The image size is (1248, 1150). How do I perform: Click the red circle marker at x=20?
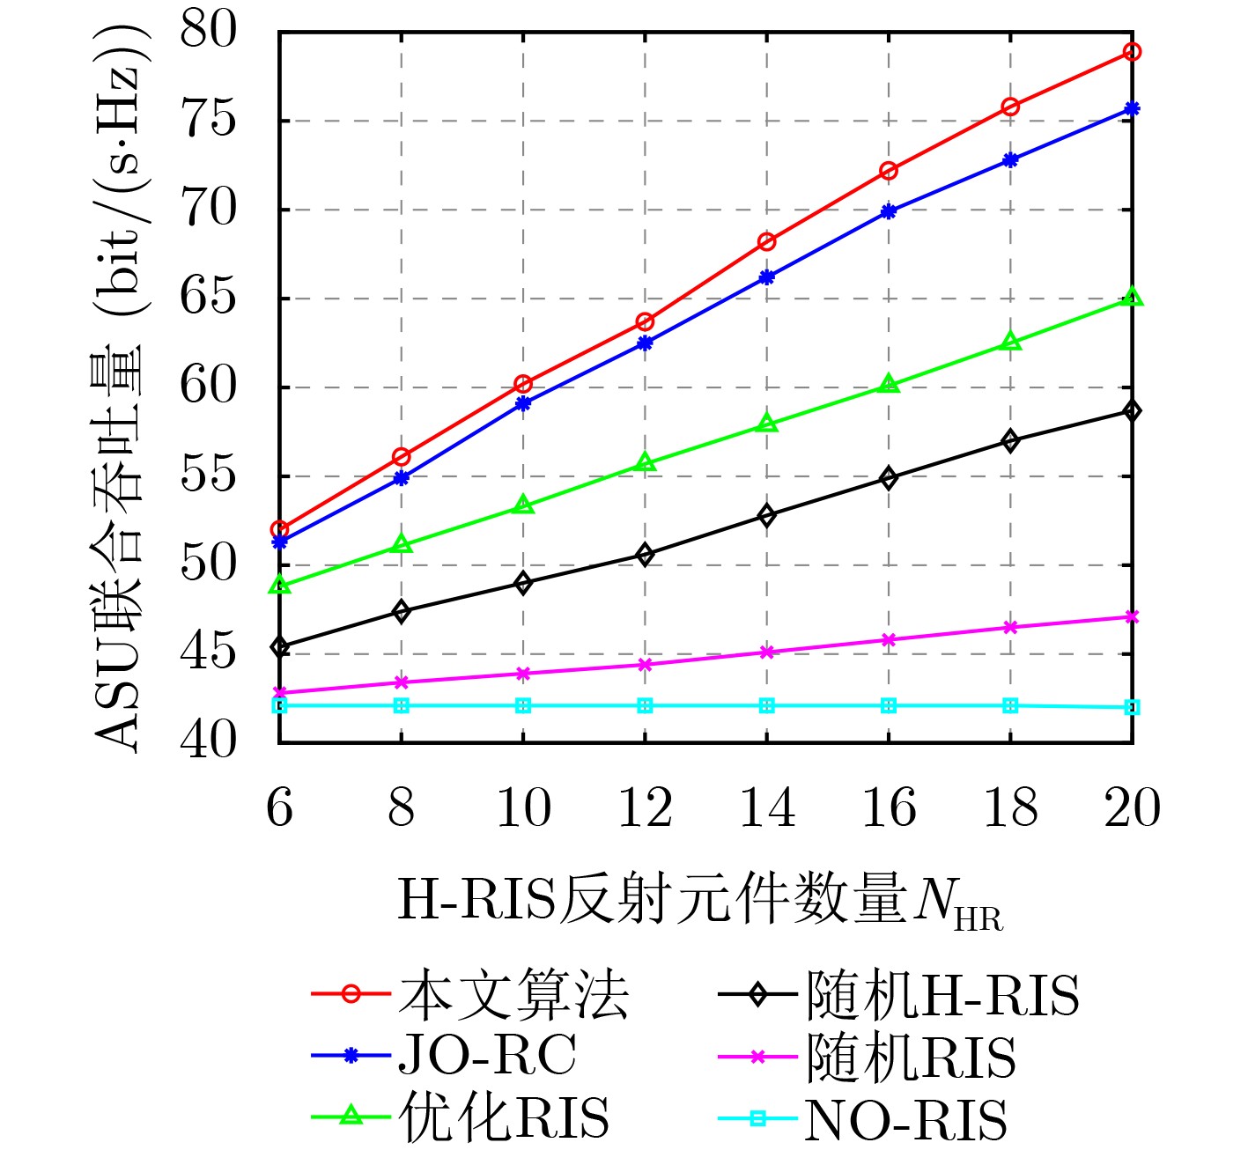tap(1133, 52)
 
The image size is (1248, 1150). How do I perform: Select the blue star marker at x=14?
tap(767, 277)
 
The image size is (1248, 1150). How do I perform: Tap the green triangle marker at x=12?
tap(646, 463)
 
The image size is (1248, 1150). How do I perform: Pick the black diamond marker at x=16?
tap(889, 478)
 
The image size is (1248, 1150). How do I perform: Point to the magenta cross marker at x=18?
tap(1011, 627)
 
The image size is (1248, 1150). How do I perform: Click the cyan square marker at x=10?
tap(523, 705)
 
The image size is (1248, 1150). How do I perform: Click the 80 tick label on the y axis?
tap(209, 32)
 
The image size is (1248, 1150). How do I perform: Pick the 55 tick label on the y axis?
tap(209, 476)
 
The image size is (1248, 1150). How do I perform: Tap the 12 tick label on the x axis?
tap(646, 807)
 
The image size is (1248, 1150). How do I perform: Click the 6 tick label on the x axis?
tap(280, 807)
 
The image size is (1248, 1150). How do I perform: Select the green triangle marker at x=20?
tap(1133, 298)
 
